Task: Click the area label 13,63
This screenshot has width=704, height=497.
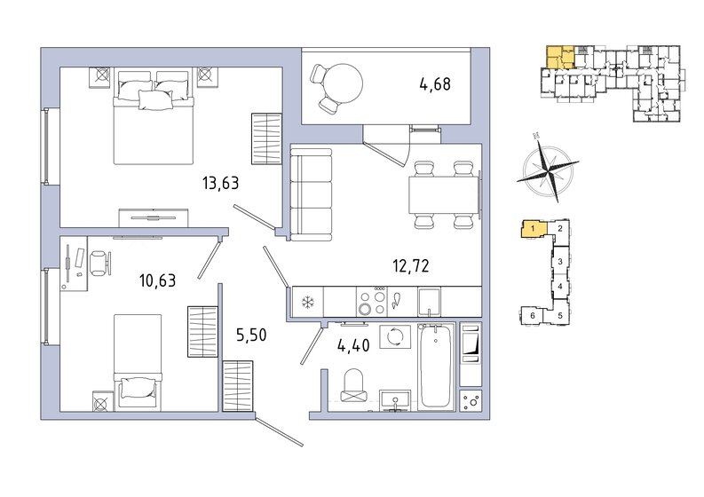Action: (x=220, y=183)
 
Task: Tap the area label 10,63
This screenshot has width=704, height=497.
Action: (x=158, y=280)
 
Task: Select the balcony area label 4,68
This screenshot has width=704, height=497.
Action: (x=435, y=84)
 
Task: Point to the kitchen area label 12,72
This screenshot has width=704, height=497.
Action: (x=411, y=265)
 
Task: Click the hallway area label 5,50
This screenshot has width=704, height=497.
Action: (x=251, y=335)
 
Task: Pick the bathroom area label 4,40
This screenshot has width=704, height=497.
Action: (x=353, y=345)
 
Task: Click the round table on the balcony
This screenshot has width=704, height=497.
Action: (x=344, y=84)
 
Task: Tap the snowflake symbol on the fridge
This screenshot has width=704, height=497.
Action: (x=307, y=303)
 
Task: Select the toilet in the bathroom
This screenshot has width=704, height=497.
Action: (x=354, y=385)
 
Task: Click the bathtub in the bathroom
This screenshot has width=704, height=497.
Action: (x=436, y=366)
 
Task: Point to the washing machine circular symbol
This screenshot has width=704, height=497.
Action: (x=395, y=336)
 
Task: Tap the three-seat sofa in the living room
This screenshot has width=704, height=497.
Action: (x=311, y=194)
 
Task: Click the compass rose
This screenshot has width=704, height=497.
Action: (x=548, y=169)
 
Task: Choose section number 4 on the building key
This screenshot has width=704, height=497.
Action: (x=560, y=287)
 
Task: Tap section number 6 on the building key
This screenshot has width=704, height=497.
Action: (x=533, y=316)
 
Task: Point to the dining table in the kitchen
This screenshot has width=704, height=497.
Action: (x=444, y=195)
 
